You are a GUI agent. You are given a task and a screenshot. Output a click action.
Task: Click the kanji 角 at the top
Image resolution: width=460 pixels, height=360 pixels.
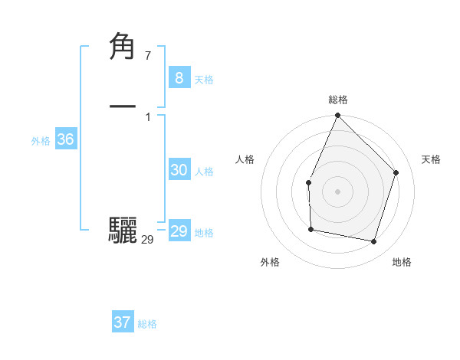click(x=123, y=46)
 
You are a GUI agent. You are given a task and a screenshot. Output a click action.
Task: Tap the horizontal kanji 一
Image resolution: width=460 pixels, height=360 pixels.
click(x=123, y=106)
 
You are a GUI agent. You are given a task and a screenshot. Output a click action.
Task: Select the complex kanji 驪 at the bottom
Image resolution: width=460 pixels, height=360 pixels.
click(x=123, y=230)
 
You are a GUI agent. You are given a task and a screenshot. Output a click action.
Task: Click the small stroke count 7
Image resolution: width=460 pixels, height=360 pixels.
click(x=147, y=55)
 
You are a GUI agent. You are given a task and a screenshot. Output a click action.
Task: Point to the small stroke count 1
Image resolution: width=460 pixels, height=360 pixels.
click(x=147, y=116)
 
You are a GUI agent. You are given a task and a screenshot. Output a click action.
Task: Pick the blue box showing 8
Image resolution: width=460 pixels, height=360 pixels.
click(x=179, y=77)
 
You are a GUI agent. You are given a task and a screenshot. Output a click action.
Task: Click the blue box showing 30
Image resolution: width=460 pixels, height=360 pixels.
click(x=179, y=170)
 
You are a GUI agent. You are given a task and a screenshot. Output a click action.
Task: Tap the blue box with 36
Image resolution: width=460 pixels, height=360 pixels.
click(x=65, y=139)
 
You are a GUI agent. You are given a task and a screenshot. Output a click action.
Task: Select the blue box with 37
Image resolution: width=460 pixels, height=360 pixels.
click(x=122, y=322)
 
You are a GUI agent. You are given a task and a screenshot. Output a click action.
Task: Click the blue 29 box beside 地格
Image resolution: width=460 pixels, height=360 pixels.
click(x=179, y=231)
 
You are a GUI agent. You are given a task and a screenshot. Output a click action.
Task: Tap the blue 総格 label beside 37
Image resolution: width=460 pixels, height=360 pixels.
click(x=147, y=324)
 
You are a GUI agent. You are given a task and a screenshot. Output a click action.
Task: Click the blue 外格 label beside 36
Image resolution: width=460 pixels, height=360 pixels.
click(x=41, y=141)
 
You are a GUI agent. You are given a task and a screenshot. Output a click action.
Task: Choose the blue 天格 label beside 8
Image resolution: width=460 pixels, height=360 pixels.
click(x=204, y=80)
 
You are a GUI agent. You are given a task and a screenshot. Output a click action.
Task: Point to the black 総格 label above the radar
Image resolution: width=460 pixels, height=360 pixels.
click(x=338, y=100)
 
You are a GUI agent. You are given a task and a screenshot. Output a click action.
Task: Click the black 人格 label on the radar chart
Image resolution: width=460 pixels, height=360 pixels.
click(x=245, y=159)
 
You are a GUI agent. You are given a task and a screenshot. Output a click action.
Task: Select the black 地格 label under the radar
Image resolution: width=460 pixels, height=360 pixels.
click(x=402, y=263)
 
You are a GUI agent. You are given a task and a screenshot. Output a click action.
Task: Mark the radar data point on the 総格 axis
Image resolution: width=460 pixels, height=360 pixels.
click(x=337, y=116)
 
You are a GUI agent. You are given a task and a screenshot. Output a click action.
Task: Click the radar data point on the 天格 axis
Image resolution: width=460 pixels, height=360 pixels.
click(x=396, y=172)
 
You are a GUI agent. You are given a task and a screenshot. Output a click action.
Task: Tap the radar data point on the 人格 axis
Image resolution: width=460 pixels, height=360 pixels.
click(x=308, y=182)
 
